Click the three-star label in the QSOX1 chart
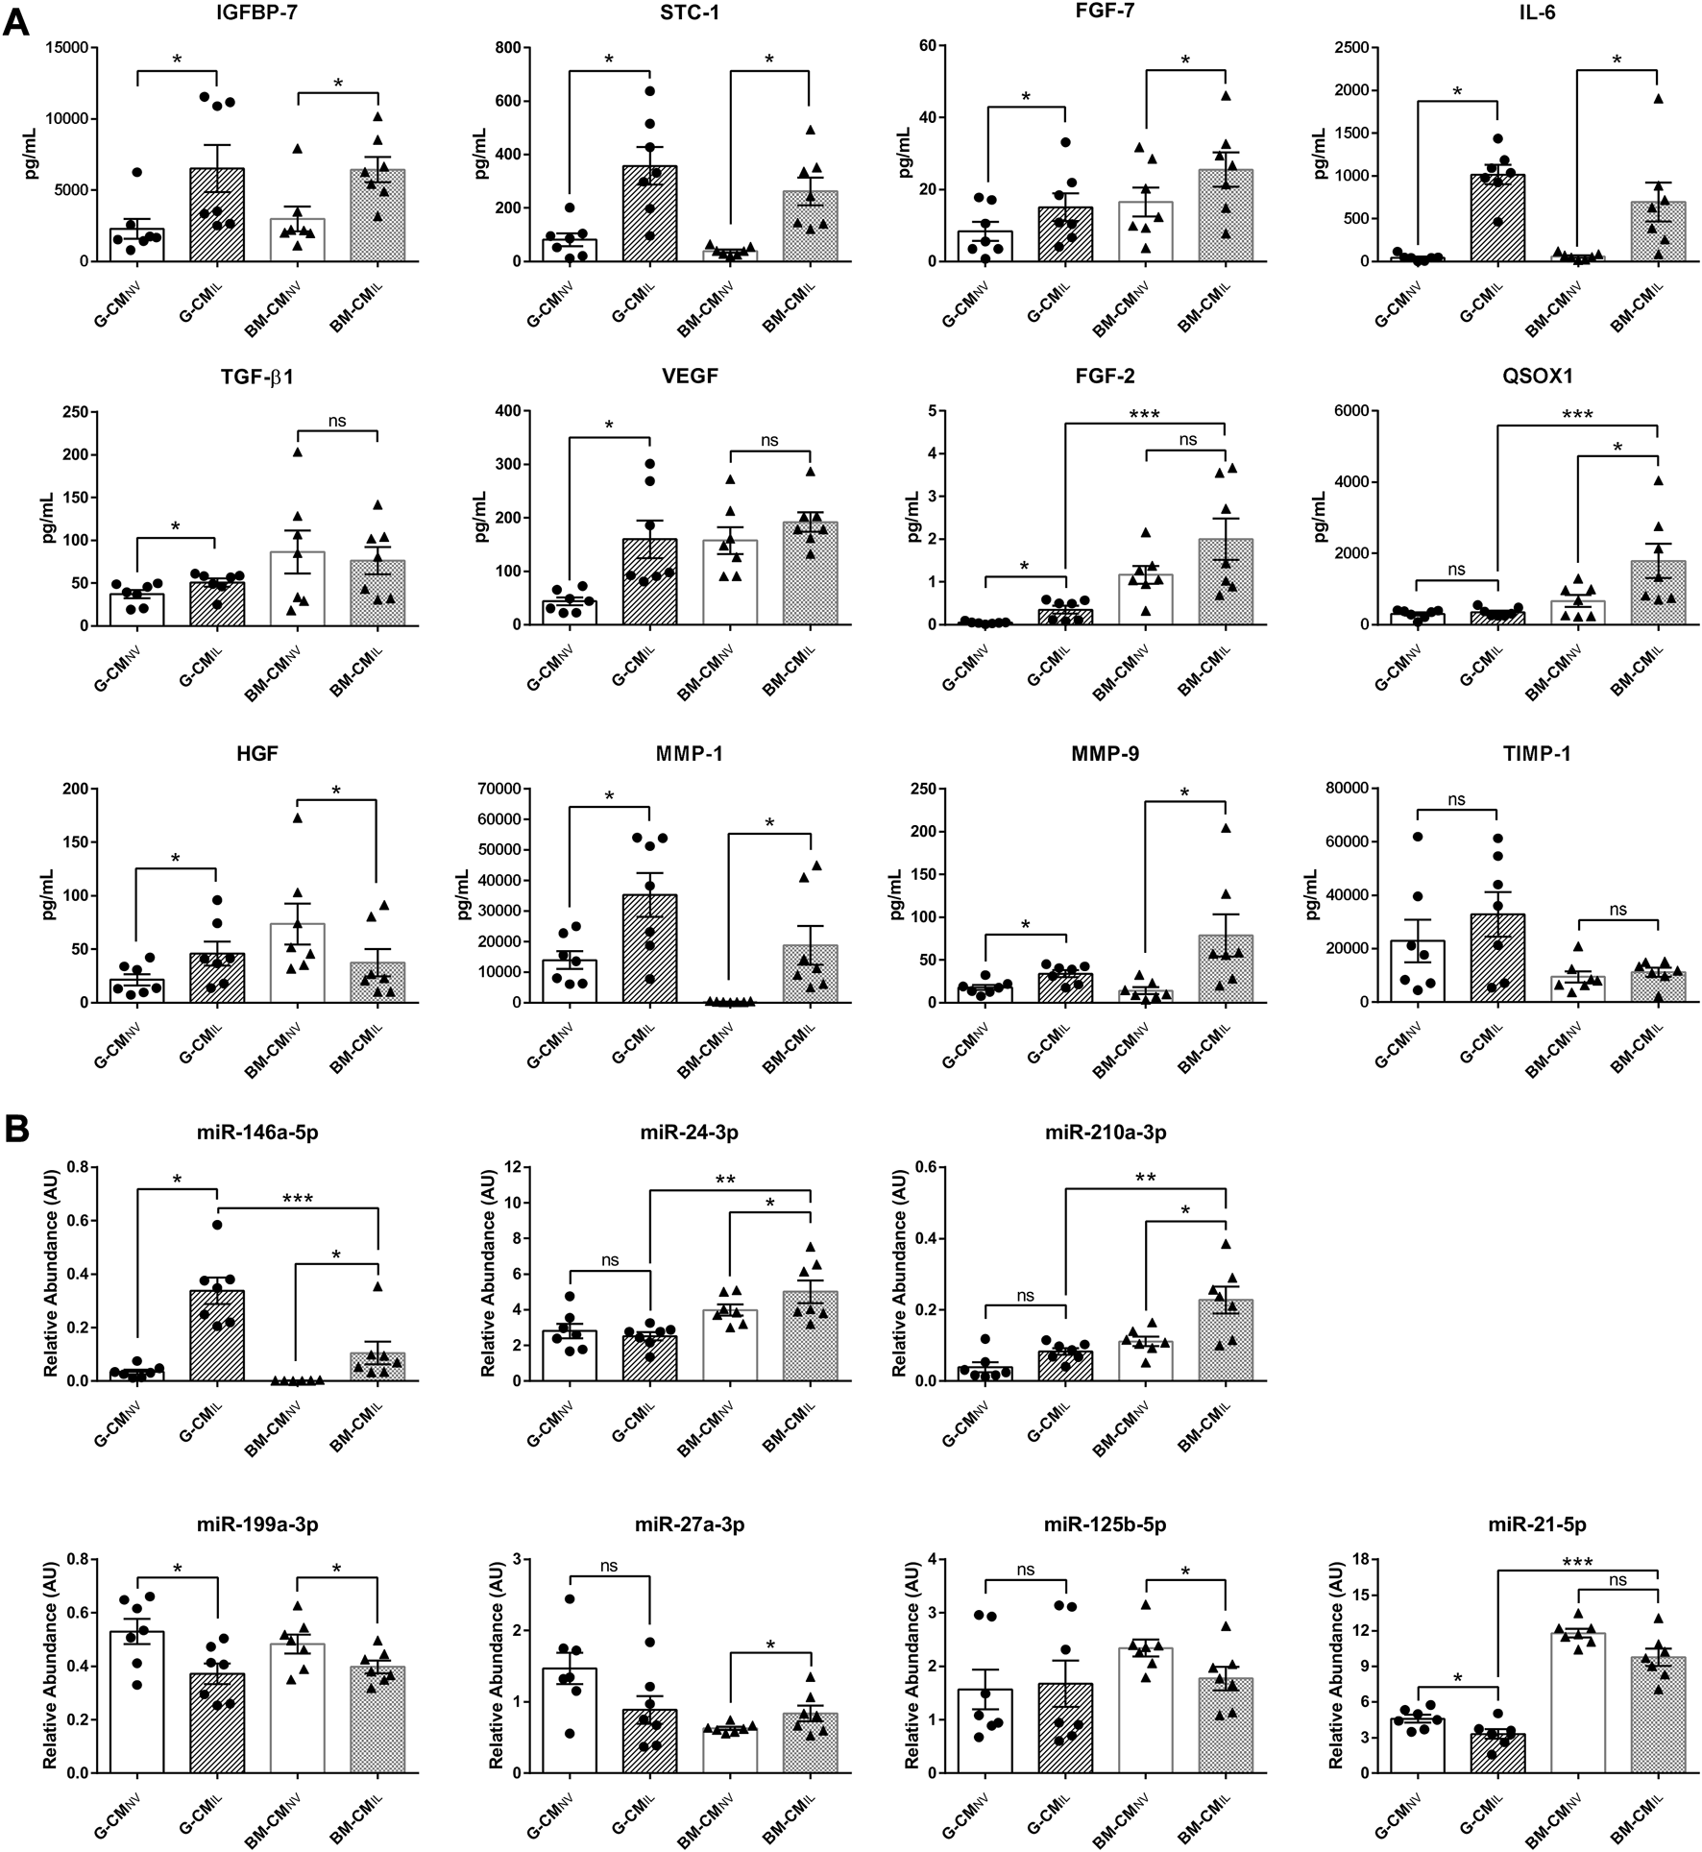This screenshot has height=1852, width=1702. point(1577,415)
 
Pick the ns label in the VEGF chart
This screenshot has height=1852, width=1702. point(769,441)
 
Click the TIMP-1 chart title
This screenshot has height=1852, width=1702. point(1537,754)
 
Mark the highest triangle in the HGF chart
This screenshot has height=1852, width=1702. point(298,817)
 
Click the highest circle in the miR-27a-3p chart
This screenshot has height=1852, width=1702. point(569,1598)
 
